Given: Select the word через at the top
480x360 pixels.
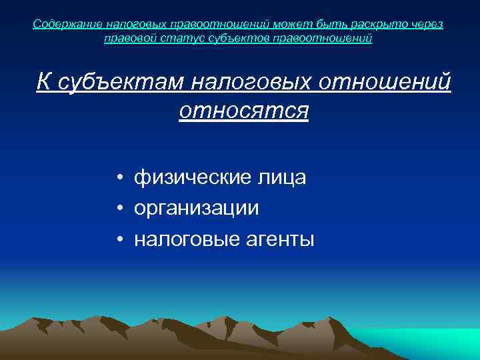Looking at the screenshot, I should pos(425,25).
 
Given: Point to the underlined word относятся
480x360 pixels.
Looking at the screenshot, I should pos(243,110).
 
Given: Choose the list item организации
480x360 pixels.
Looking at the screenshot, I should pos(196,209).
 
